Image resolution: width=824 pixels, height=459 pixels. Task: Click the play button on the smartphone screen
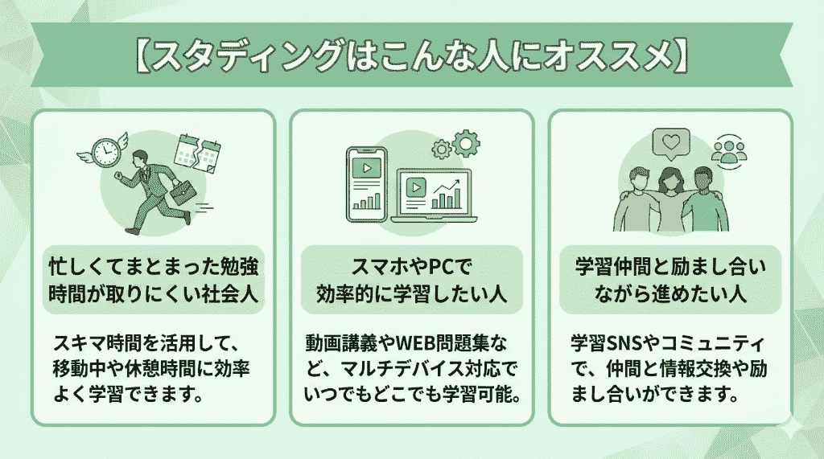366,170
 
